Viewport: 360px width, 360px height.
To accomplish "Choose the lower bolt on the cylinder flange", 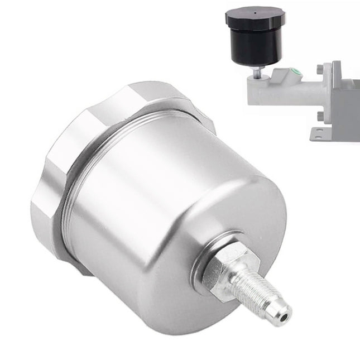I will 320,116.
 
